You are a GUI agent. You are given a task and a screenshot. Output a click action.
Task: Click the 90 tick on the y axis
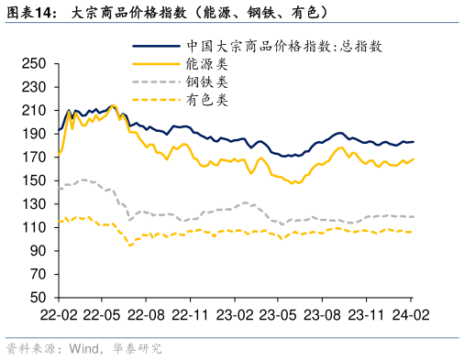click(36, 251)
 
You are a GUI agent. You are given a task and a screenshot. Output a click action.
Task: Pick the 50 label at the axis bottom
click(36, 298)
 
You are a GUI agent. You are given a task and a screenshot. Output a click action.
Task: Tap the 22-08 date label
click(146, 314)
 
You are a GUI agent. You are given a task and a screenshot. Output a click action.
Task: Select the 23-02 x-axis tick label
click(234, 314)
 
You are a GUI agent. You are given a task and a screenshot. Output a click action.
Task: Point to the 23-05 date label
click(277, 314)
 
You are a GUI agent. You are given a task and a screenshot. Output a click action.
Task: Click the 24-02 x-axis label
click(409, 314)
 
